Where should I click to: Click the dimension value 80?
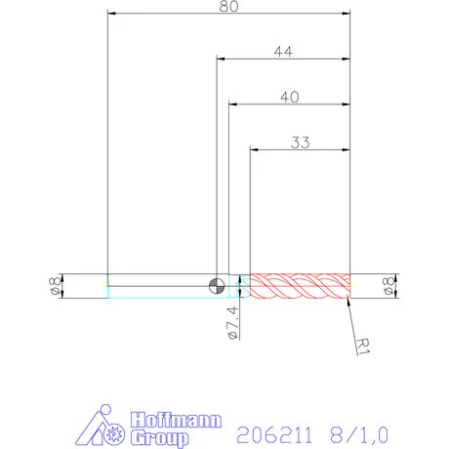229,6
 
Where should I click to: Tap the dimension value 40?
290,96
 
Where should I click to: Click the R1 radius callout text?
362,345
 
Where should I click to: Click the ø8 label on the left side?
56,285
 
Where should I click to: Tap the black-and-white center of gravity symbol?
217,285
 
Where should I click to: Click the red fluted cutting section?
300,285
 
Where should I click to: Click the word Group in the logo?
155,435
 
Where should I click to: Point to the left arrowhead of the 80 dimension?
111,14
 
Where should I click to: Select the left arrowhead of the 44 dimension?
221,60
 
